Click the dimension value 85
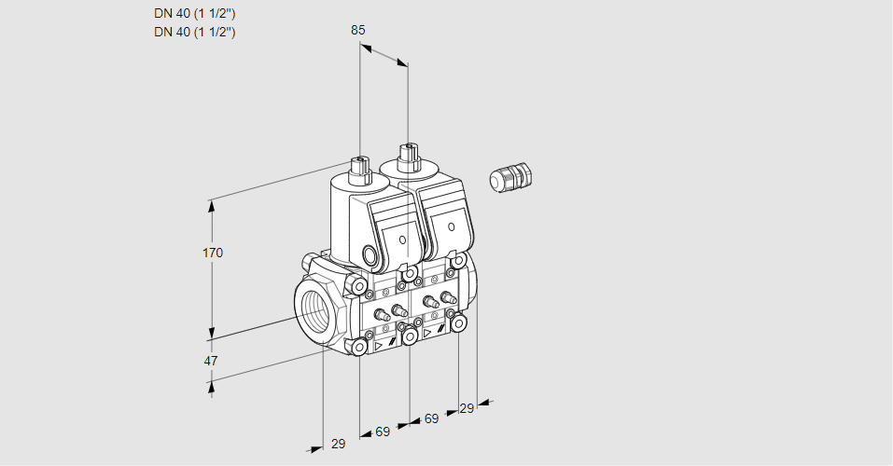[x=357, y=30]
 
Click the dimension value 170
[x=213, y=253]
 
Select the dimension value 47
[x=211, y=361]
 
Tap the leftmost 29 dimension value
[x=339, y=444]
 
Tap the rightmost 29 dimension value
[x=467, y=408]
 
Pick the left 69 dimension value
[x=383, y=432]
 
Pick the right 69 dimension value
[x=432, y=418]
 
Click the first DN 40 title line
[x=195, y=14]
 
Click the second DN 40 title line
[x=195, y=32]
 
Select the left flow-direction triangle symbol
[x=378, y=346]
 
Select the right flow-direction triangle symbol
[x=427, y=333]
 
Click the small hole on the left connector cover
[x=403, y=240]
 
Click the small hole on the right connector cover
[x=451, y=227]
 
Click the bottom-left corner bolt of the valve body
[x=359, y=347]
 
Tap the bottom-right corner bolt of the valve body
[x=458, y=324]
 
